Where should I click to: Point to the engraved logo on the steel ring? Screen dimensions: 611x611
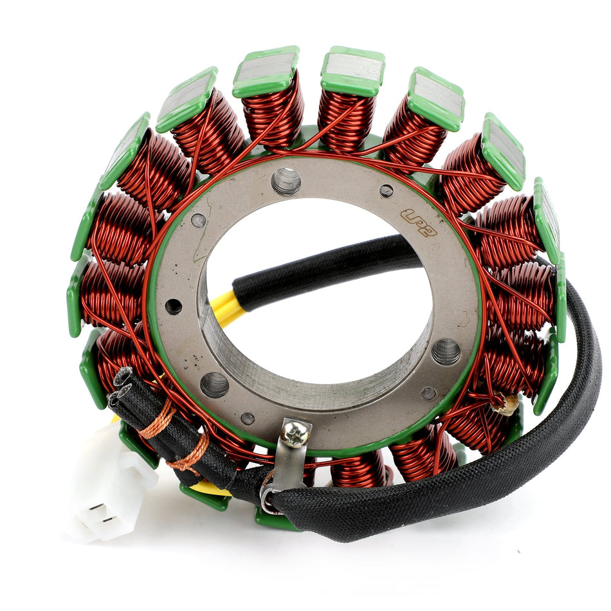pos(419,223)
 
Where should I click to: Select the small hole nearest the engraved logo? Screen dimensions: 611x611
pos(386,191)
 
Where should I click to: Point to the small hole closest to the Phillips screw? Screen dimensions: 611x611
pos(247,419)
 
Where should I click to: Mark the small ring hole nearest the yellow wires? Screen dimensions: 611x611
pos(173,306)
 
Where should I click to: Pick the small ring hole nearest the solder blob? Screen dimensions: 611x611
pos(428,393)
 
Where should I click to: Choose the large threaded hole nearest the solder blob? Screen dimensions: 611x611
pos(446,351)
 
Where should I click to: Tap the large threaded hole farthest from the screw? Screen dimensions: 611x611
pos(286,181)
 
